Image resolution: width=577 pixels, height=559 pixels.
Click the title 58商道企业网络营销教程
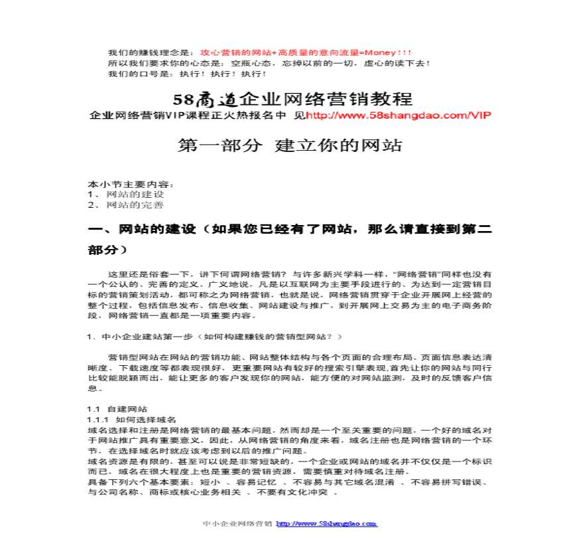292,100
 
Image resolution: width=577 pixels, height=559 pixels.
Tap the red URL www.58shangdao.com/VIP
399,116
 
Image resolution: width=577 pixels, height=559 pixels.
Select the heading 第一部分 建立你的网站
290,145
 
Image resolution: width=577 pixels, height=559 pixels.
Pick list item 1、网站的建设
126,195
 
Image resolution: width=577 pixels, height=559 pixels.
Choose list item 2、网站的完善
126,205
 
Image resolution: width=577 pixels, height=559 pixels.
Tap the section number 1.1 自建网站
117,409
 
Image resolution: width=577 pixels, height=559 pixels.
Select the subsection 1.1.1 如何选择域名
132,420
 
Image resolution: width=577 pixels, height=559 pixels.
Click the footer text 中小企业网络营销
237,524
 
